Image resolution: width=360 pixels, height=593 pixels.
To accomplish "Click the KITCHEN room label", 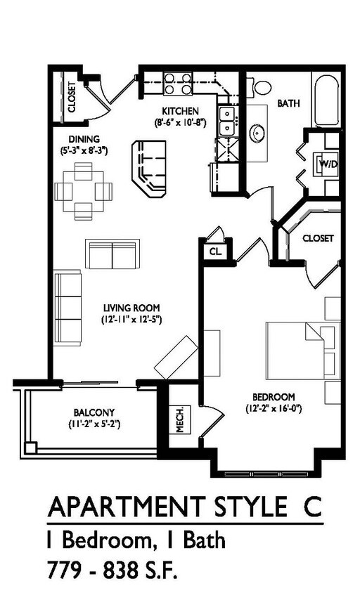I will tap(181, 111).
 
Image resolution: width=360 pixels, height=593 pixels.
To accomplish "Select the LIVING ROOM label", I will tap(131, 308).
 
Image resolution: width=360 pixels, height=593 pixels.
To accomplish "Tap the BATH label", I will tap(288, 103).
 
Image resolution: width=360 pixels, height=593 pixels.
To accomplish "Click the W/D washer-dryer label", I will tap(328, 164).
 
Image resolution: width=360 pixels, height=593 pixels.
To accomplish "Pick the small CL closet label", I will tap(214, 251).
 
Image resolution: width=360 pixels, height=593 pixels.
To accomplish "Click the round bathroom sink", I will tap(258, 132).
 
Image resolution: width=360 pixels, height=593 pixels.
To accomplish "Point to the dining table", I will tap(84, 189).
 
